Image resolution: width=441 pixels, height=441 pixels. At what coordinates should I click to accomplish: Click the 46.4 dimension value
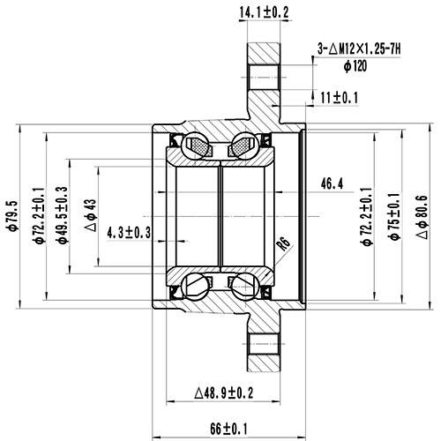(332, 183)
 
